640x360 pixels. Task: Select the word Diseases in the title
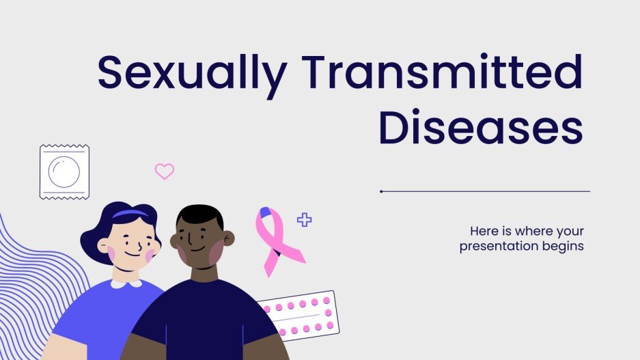coord(481,128)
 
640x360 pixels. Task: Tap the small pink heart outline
coord(164,171)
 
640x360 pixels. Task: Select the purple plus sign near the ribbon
coord(304,219)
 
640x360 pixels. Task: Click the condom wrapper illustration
coord(64,171)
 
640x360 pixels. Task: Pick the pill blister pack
coord(301,314)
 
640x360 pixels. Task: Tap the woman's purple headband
coord(130,214)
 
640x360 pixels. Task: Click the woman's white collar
coord(126,282)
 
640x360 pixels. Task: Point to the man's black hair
coord(199,215)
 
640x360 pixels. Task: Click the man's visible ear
coord(229,238)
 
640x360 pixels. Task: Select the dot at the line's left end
coord(381,191)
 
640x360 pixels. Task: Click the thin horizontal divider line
coord(485,191)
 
